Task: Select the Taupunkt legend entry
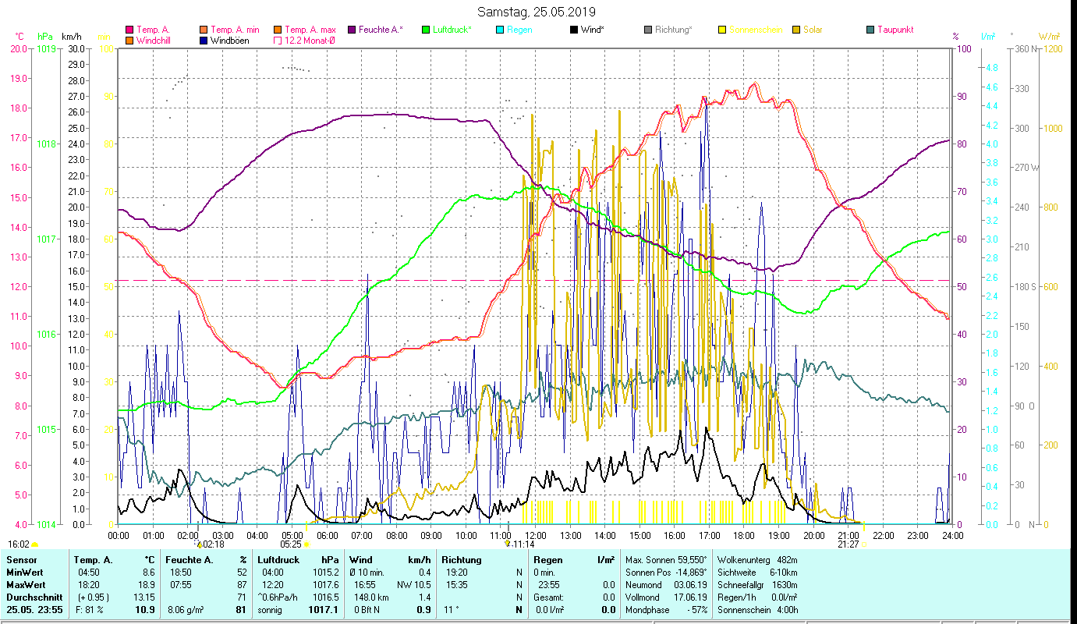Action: coord(895,30)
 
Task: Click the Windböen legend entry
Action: coord(230,41)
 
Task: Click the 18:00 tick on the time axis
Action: coord(744,536)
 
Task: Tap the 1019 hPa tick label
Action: coord(46,48)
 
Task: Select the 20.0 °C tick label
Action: coord(19,48)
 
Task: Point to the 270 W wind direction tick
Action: coord(1023,168)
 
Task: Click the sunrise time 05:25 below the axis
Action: coord(291,544)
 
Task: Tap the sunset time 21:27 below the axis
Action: coord(848,544)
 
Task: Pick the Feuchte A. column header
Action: coord(187,559)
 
